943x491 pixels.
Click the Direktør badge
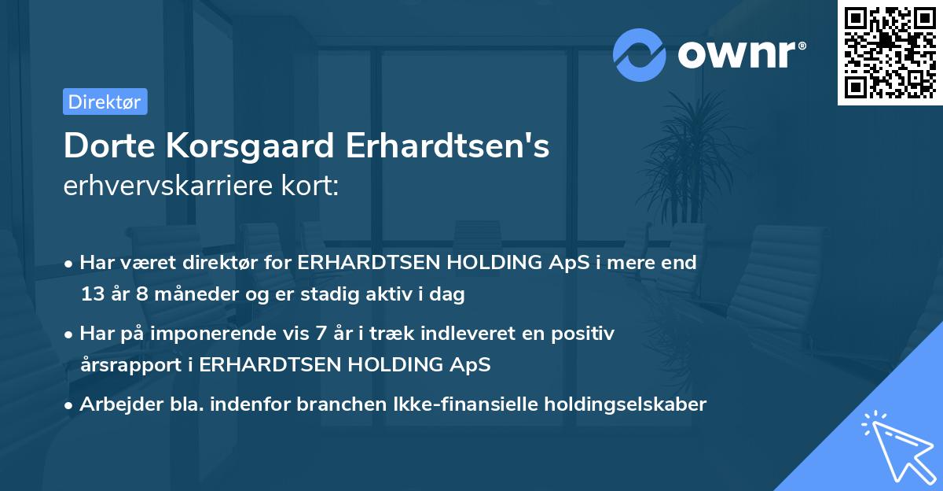105,102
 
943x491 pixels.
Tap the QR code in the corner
890,53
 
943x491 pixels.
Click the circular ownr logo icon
640,54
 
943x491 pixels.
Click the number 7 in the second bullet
320,334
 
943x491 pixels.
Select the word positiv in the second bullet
585,334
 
